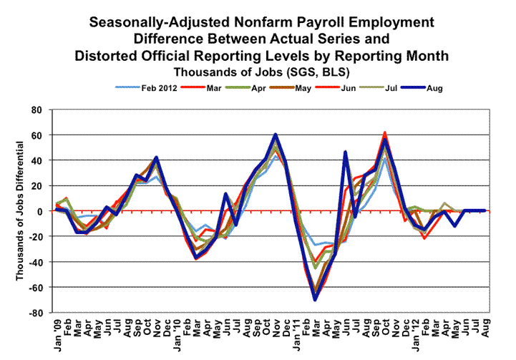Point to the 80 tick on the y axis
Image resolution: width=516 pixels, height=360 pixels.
(35, 110)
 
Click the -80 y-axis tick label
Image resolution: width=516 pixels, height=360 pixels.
(34, 313)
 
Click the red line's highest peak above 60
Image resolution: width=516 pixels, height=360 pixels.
(385, 132)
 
